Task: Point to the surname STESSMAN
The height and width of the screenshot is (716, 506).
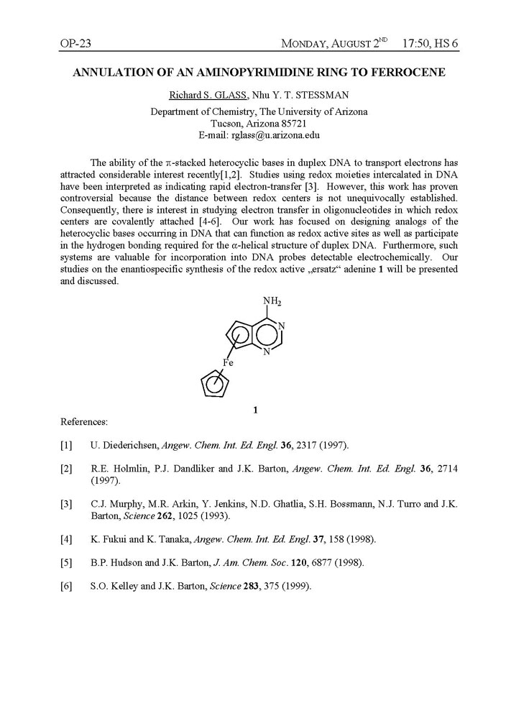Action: (x=312, y=96)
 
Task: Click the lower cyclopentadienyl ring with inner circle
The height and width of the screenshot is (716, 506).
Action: (x=215, y=387)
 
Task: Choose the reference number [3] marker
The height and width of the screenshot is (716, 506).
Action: (x=67, y=504)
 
